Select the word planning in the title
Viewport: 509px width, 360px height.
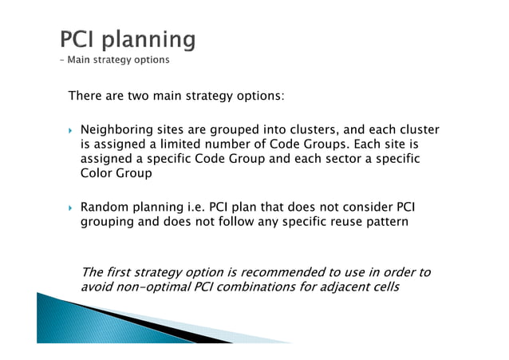(x=152, y=40)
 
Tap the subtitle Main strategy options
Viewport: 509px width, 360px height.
(x=119, y=59)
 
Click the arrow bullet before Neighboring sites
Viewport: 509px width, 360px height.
(x=71, y=130)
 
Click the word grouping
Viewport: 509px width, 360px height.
(x=110, y=223)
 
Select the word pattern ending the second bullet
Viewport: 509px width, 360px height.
(x=383, y=223)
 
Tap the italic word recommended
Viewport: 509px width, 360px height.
(x=287, y=272)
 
